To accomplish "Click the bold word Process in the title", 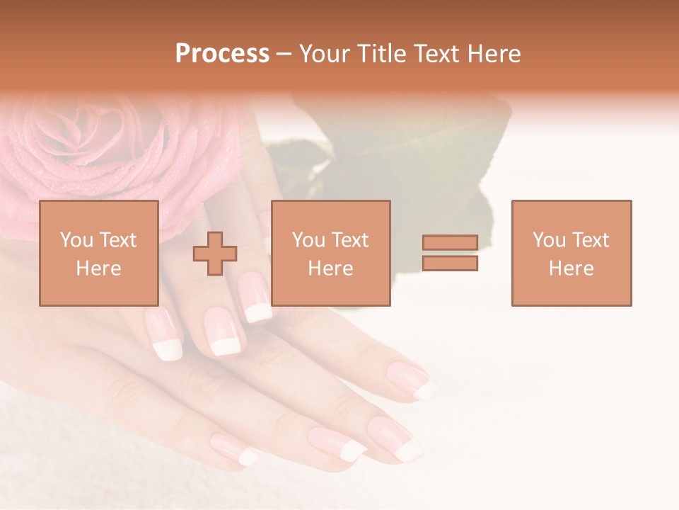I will [222, 54].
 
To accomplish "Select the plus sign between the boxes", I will [215, 253].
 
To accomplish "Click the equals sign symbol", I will [450, 253].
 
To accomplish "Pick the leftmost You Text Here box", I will [99, 253].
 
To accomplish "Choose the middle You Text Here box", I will [330, 253].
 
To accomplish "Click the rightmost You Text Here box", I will [571, 253].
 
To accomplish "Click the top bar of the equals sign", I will [450, 243].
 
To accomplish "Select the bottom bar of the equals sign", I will [450, 263].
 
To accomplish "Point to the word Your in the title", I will [325, 54].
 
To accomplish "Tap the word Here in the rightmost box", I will [571, 268].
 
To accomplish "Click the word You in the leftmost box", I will [76, 240].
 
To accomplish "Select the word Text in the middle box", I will [349, 240].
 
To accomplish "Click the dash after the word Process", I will [284, 54].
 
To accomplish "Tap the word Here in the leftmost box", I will [99, 268].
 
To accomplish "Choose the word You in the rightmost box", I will [549, 240].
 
